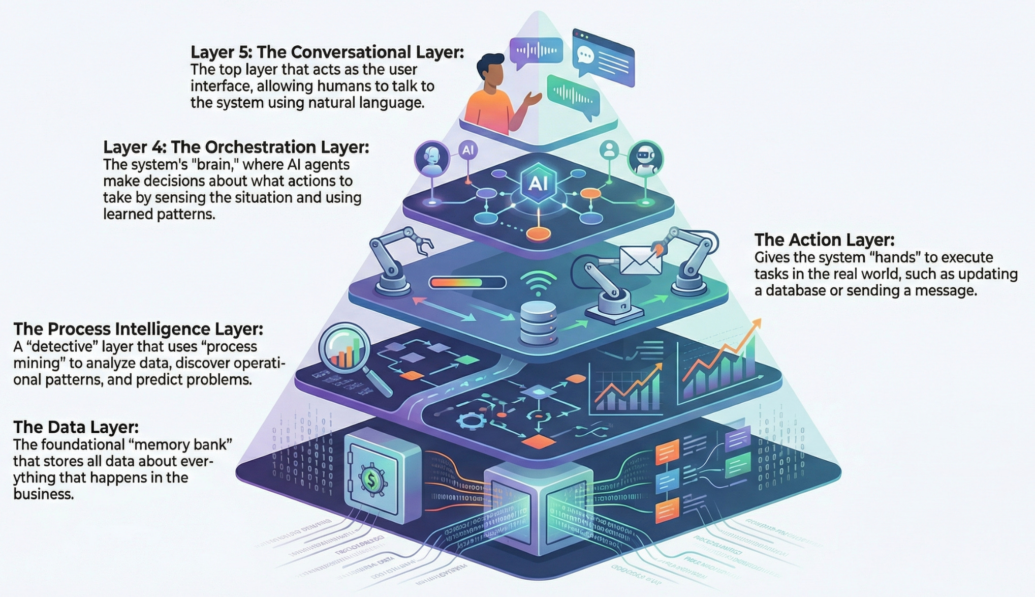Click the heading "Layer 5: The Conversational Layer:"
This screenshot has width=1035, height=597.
(327, 52)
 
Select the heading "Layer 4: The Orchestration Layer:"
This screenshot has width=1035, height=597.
(236, 147)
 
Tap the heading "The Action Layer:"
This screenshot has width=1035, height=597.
(824, 240)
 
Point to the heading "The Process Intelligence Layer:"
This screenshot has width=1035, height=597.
(138, 329)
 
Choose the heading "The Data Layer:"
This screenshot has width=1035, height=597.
(76, 427)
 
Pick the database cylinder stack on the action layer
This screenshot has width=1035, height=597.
(539, 321)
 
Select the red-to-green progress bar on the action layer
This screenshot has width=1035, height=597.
(467, 282)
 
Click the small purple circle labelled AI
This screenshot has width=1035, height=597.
(467, 150)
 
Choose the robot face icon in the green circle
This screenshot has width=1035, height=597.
(645, 158)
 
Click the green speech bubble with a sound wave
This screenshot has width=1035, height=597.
(573, 95)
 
